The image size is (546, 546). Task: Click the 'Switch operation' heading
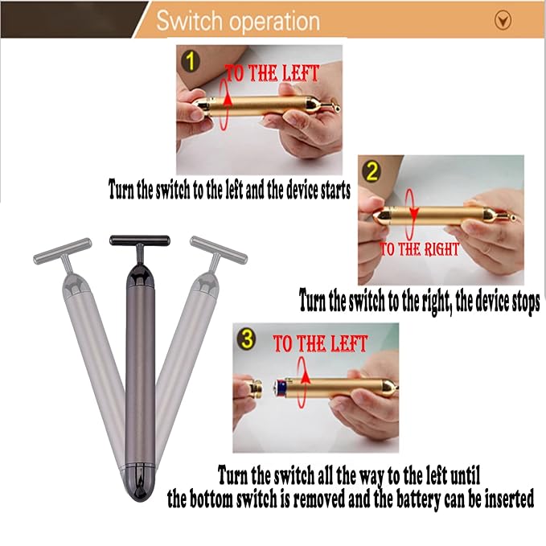(x=237, y=21)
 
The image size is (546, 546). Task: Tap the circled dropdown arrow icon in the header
(x=503, y=21)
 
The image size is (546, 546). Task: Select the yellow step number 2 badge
(x=372, y=171)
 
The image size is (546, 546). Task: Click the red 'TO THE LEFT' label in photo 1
(x=273, y=73)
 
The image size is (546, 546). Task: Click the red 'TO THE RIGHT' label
(x=419, y=248)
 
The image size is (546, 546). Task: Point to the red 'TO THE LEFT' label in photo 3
(x=320, y=345)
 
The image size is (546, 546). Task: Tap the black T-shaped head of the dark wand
(x=140, y=241)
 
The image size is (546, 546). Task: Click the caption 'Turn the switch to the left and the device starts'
(x=230, y=190)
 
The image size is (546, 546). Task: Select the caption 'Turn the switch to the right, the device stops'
(x=419, y=302)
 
